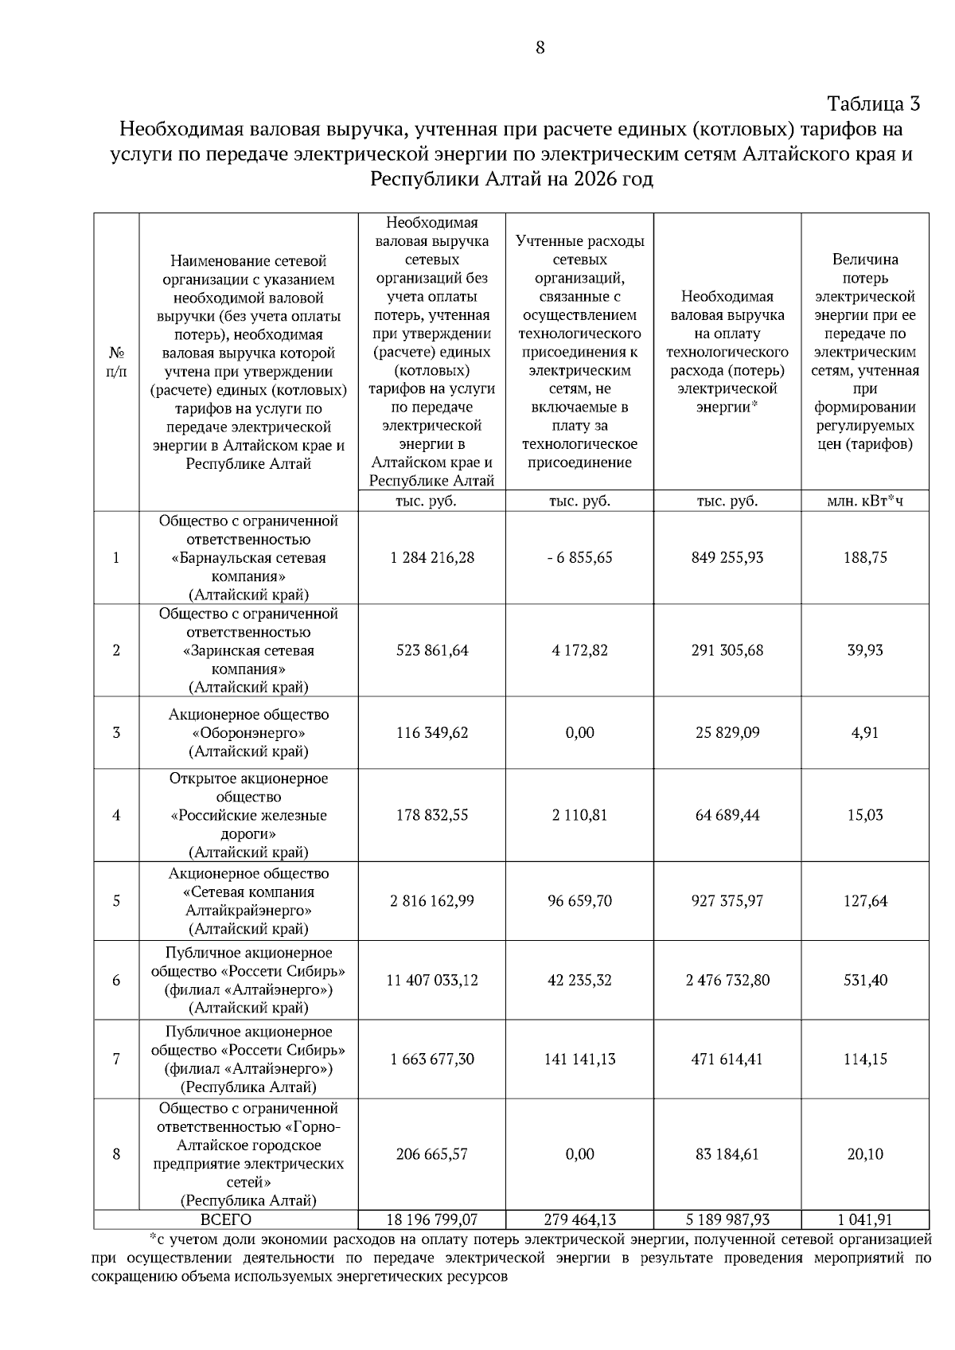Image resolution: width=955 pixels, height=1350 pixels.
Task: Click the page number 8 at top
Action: [540, 48]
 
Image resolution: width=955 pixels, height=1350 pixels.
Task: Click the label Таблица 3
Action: [873, 104]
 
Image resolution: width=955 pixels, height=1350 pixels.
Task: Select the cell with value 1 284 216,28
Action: [432, 557]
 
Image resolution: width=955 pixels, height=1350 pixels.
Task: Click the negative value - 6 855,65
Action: [579, 557]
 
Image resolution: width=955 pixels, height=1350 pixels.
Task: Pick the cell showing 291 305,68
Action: [727, 650]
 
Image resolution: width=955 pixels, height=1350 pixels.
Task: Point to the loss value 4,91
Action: [865, 732]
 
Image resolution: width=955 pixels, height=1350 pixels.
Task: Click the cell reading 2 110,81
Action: [579, 815]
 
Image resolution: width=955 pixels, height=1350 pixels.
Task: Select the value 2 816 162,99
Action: [432, 901]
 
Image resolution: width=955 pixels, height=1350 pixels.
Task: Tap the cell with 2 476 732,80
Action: [727, 980]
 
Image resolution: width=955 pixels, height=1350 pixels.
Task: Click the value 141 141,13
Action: [579, 1059]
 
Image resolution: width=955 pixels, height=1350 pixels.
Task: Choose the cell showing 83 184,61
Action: [727, 1154]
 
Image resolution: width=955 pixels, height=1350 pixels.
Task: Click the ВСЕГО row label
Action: [226, 1219]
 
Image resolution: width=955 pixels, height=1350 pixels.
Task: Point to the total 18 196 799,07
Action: [432, 1219]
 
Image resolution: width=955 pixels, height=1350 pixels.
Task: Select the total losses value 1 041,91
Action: [865, 1219]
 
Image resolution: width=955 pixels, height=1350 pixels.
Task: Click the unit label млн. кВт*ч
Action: [865, 501]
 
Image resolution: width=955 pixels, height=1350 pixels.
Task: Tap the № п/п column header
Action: [116, 361]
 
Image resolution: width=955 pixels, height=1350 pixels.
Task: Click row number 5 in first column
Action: [116, 901]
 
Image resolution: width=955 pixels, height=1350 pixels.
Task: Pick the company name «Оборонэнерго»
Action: [248, 733]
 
